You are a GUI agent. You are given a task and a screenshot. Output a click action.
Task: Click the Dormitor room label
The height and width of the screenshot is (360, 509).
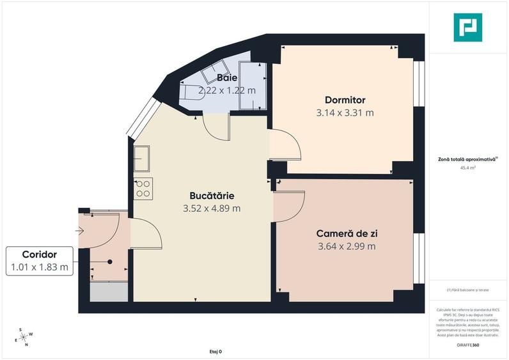[345, 100]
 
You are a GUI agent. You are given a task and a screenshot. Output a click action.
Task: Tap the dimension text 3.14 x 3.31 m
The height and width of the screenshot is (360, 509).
[345, 113]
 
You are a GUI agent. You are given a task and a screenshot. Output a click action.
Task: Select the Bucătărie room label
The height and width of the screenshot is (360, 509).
[212, 195]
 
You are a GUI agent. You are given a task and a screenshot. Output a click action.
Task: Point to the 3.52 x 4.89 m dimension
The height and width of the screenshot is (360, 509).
[212, 208]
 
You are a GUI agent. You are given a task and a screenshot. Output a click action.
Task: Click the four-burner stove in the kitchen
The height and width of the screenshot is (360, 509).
[143, 187]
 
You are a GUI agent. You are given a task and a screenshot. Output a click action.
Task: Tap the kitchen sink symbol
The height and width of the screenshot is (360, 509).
[141, 158]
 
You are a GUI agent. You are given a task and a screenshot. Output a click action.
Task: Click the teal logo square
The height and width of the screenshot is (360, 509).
[468, 27]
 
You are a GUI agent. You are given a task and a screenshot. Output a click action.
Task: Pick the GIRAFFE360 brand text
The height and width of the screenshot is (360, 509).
[468, 345]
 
